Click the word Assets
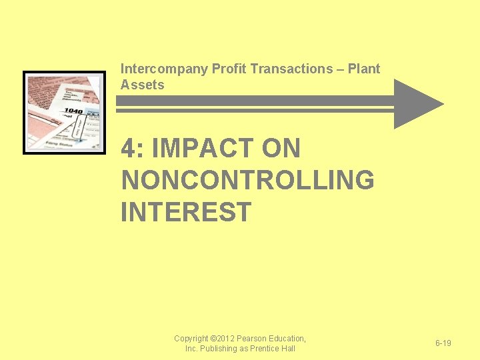pos(142,85)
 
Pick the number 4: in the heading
pos(133,149)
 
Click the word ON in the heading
pos(281,149)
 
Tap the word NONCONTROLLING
pos(247,180)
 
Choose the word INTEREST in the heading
pos(186,211)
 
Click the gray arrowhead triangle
pos(415,103)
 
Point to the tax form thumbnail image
pos(64,112)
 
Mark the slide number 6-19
pos(443,343)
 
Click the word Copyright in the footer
pos(191,339)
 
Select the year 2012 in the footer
pos(229,339)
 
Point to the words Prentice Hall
pos(273,349)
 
